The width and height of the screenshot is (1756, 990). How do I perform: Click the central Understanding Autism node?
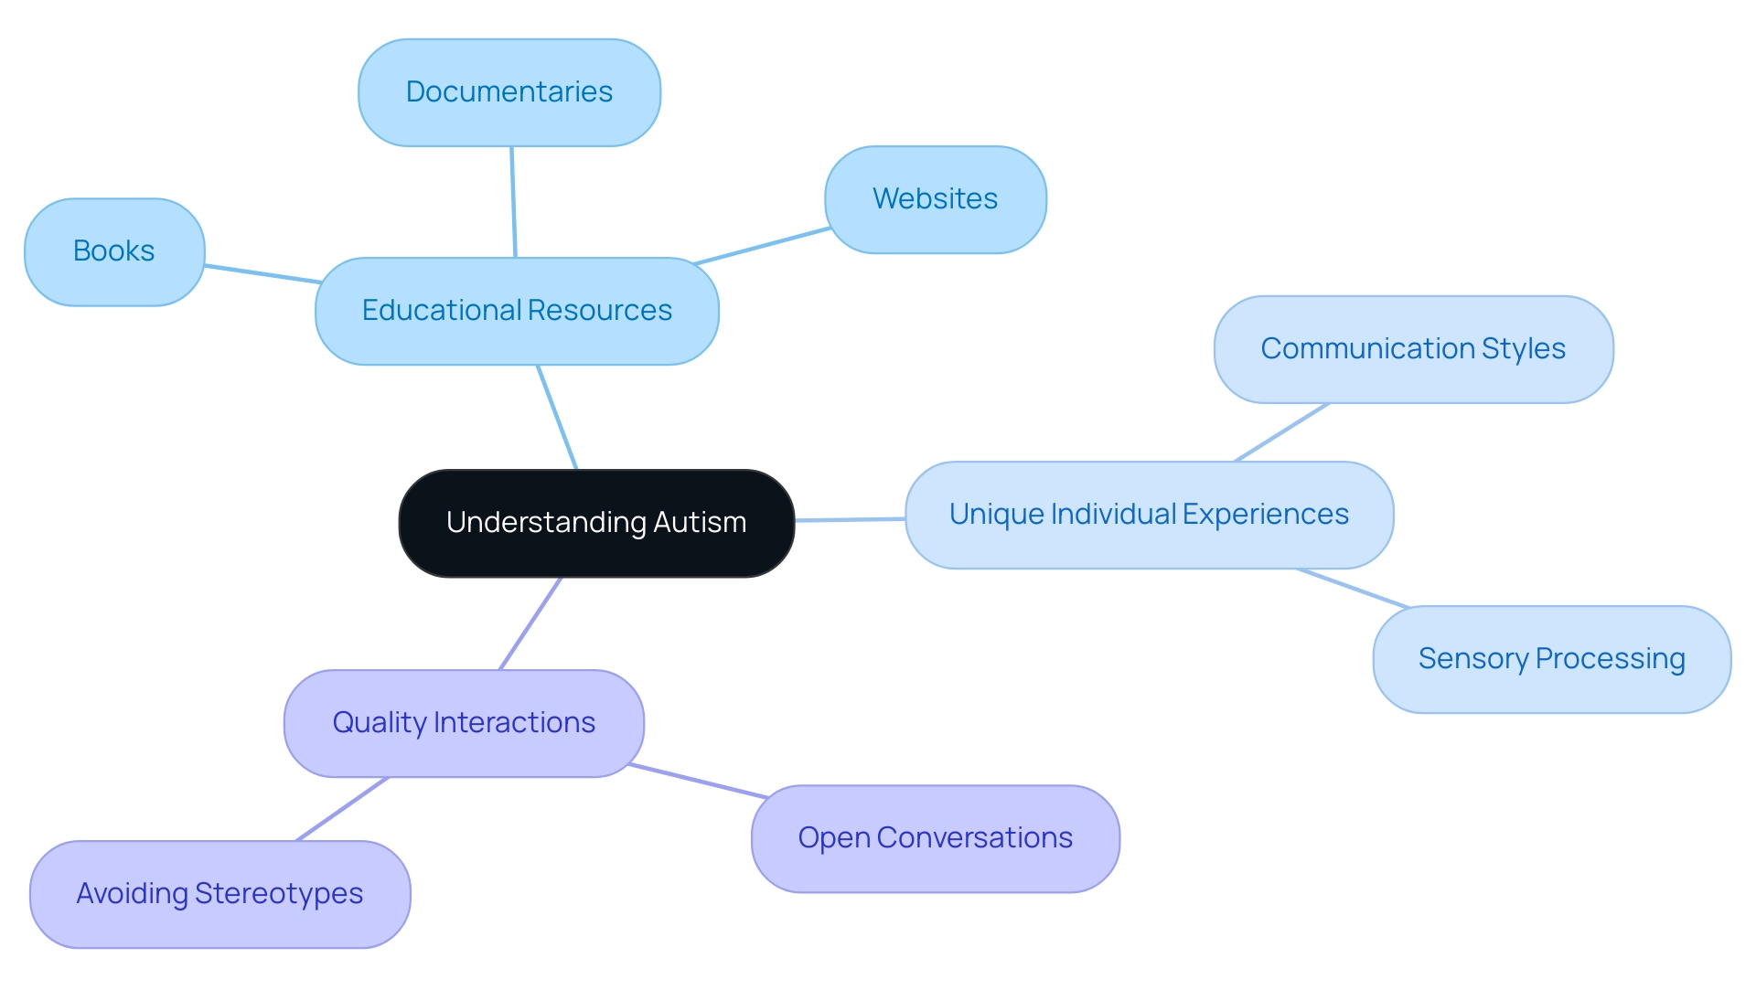pyautogui.click(x=596, y=523)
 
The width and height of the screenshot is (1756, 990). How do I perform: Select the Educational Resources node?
pyautogui.click(x=517, y=311)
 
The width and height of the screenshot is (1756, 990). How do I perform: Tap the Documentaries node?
pyautogui.click(x=509, y=92)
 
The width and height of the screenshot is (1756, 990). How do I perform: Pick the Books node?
pyautogui.click(x=114, y=251)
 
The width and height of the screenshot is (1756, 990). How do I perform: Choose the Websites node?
pyautogui.click(x=936, y=199)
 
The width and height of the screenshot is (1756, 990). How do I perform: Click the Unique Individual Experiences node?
pyautogui.click(x=1149, y=515)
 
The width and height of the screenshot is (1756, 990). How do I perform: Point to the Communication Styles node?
pyautogui.click(x=1413, y=349)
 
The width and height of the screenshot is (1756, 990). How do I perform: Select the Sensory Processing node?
pyautogui.click(x=1551, y=659)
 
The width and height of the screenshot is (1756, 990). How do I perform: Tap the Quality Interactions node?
pyautogui.click(x=464, y=723)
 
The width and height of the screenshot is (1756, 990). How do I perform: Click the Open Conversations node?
pyautogui.click(x=935, y=838)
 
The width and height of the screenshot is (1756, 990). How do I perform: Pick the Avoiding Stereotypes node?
pyautogui.click(x=219, y=894)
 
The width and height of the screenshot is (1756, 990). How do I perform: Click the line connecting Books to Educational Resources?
pyautogui.click(x=262, y=274)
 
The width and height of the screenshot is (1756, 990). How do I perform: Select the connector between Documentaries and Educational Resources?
pyautogui.click(x=513, y=202)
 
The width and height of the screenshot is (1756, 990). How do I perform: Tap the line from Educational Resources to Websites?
pyautogui.click(x=762, y=246)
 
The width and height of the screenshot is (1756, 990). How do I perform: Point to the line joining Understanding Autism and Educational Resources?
pyautogui.click(x=557, y=417)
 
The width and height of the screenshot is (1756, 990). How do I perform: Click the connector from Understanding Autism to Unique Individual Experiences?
pyautogui.click(x=850, y=519)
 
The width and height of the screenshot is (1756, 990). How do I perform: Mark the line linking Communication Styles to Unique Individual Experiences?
pyautogui.click(x=1280, y=432)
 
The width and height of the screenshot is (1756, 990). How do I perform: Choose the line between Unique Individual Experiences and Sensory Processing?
pyautogui.click(x=1353, y=588)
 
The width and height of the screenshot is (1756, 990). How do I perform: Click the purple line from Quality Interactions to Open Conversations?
pyautogui.click(x=698, y=782)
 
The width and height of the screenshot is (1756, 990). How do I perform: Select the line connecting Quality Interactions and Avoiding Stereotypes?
pyautogui.click(x=343, y=809)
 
